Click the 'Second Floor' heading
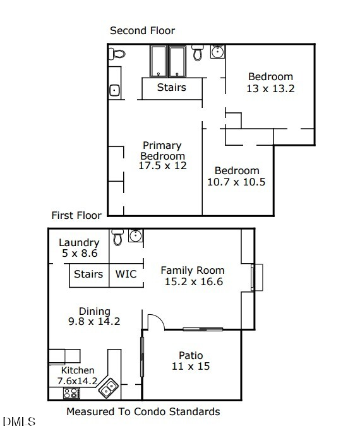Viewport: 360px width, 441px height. point(142,30)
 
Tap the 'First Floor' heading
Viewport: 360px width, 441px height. point(76,215)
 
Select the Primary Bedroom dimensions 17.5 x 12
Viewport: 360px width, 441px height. point(163,165)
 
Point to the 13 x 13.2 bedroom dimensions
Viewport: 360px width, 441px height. point(270,88)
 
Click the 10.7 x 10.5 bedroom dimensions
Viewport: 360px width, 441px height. point(236,182)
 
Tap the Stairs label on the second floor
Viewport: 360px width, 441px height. point(171,87)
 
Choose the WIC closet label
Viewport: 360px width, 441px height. point(126,274)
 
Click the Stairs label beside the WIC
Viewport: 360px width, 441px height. point(88,274)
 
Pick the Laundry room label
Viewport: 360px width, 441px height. point(79,243)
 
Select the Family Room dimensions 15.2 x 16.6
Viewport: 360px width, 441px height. point(193,282)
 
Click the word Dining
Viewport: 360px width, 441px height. point(95,311)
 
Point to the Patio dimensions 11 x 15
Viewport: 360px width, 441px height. point(191,366)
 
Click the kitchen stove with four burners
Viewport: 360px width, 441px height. point(71,393)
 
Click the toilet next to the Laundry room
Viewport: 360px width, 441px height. point(117,237)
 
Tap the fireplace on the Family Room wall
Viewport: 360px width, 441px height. point(256,278)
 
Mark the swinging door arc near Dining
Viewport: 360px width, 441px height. point(155,321)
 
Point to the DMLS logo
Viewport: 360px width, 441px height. point(19,421)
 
